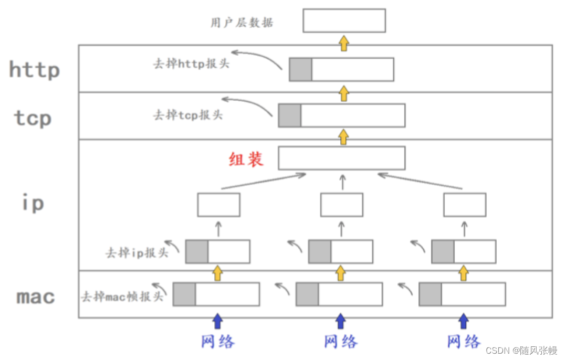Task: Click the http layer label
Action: tap(34, 70)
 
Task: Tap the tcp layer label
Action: tap(33, 118)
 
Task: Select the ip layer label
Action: tap(33, 203)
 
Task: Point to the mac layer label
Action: tap(36, 297)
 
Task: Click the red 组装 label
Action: tap(246, 159)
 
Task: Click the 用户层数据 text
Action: tap(242, 23)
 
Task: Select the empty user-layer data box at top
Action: tap(344, 20)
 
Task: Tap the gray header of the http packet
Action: tap(300, 69)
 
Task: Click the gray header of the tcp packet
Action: tap(289, 115)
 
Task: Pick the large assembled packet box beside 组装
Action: tap(341, 158)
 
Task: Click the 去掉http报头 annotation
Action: tap(191, 63)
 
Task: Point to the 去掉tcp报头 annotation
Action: tap(187, 114)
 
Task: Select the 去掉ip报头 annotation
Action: tap(137, 252)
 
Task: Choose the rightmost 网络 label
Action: tap(464, 342)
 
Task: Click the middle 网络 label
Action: tap(341, 342)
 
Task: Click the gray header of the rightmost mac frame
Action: tap(430, 294)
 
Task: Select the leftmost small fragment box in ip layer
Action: tap(218, 205)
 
